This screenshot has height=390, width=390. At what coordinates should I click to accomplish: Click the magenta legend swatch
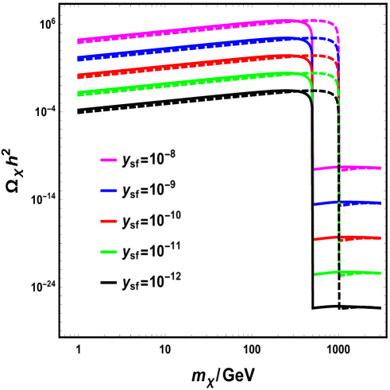[x=109, y=160]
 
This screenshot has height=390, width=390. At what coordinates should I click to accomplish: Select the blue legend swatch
[x=109, y=191]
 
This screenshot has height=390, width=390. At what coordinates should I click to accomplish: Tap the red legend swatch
[x=109, y=222]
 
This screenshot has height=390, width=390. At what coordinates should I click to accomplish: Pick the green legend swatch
[x=109, y=253]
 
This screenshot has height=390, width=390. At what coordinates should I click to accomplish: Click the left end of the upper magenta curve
[x=78, y=41]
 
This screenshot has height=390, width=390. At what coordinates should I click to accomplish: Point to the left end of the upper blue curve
[x=78, y=58]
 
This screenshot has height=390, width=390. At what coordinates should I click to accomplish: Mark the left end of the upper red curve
[x=78, y=76]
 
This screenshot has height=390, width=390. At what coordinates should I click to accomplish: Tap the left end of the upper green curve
[x=78, y=94]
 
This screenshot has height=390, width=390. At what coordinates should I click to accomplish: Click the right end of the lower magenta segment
[x=380, y=168]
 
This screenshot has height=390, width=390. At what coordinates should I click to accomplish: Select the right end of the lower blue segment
[x=380, y=203]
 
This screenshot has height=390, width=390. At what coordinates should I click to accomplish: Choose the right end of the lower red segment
[x=380, y=237]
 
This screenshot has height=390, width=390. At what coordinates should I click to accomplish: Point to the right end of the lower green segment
[x=380, y=272]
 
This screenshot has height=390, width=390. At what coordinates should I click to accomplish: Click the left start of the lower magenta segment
[x=315, y=169]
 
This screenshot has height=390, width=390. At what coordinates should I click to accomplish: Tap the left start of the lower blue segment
[x=315, y=205]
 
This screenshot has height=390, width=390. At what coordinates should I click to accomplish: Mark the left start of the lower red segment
[x=315, y=240]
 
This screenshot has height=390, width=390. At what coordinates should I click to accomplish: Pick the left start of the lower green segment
[x=315, y=275]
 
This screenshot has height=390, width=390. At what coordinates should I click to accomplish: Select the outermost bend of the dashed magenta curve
[x=335, y=27]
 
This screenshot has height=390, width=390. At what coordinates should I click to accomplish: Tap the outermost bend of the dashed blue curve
[x=335, y=44]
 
